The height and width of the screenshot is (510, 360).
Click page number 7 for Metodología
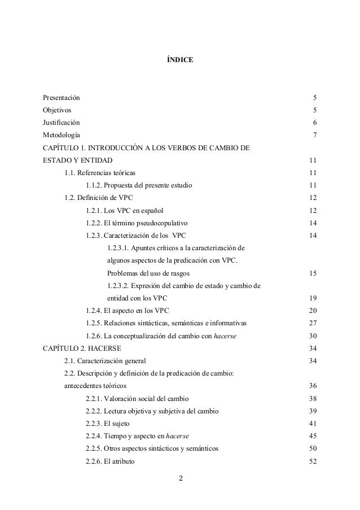click(x=314, y=136)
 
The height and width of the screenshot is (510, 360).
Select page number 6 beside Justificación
click(x=314, y=123)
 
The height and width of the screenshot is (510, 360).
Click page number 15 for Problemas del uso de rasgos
click(x=313, y=273)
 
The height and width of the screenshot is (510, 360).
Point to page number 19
click(x=313, y=298)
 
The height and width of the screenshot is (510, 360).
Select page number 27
click(x=313, y=324)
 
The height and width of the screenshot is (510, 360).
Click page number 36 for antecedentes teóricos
click(x=313, y=386)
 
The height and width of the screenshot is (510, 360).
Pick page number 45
click(x=313, y=435)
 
